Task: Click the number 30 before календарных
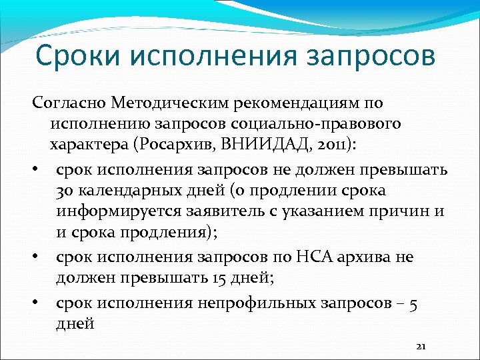pos(65,191)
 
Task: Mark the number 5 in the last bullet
pos(413,303)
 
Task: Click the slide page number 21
pos(420,347)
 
